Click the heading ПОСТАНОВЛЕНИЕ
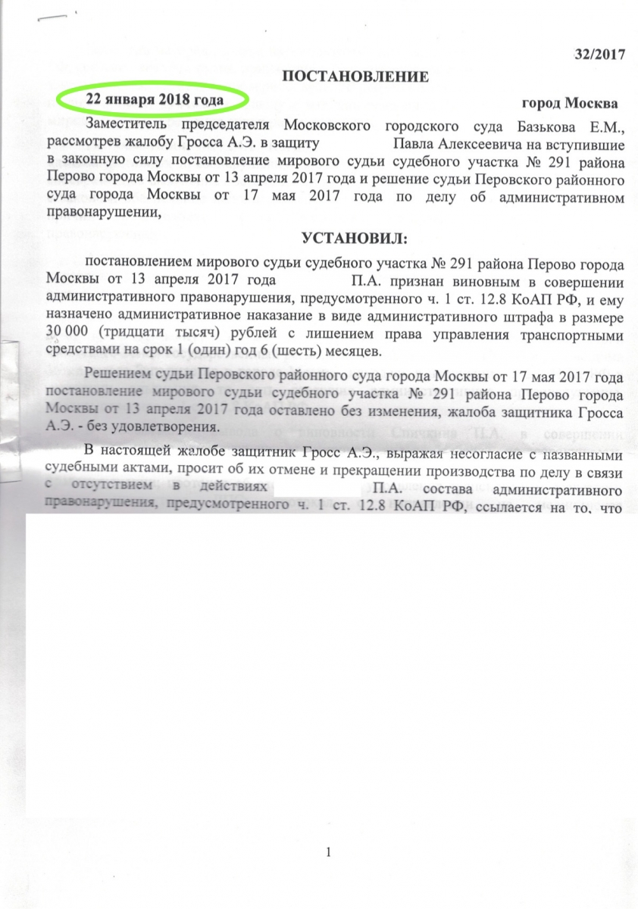356,76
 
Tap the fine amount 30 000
67,336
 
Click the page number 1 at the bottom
328,854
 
